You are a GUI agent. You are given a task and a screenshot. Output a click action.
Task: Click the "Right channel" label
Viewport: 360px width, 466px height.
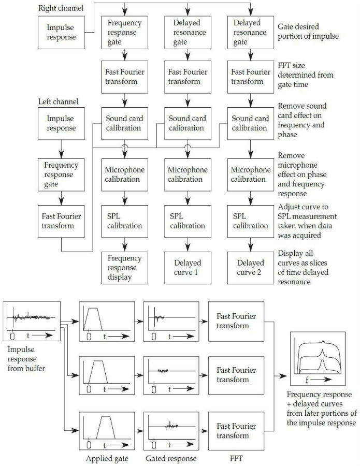60,8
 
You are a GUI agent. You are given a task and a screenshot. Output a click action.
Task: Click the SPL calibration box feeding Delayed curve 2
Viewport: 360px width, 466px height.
250,221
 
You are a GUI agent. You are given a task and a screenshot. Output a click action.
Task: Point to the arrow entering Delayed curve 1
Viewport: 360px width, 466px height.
188,245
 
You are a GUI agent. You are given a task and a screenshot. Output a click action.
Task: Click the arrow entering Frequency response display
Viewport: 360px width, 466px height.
125,245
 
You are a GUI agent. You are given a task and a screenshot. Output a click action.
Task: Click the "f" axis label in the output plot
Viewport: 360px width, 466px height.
307,380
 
